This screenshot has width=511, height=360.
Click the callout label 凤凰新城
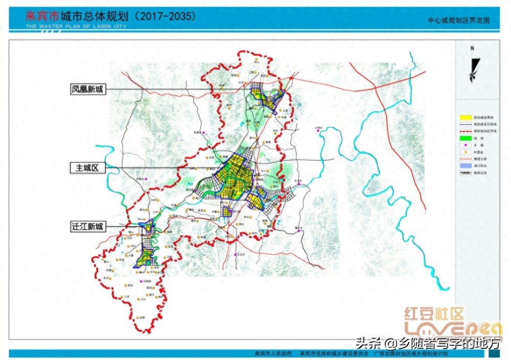87,89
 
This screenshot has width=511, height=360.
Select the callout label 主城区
87,167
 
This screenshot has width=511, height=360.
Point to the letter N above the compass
473,49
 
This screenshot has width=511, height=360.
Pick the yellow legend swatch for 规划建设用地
464,117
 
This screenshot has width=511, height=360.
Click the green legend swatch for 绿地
464,138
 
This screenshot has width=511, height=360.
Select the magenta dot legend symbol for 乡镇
464,146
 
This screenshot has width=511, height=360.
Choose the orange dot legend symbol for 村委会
464,152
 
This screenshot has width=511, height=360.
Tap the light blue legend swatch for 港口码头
464,166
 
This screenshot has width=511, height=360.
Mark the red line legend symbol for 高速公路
464,159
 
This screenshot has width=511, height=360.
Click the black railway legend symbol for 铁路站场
464,173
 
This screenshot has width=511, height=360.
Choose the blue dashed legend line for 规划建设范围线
464,124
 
